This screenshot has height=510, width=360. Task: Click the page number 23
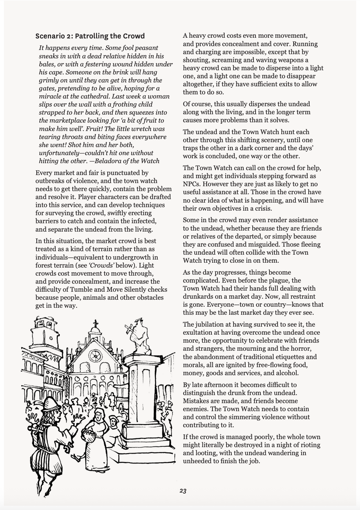(x=183, y=491)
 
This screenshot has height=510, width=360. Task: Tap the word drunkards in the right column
(x=200, y=297)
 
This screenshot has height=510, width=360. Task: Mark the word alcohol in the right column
(x=287, y=373)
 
